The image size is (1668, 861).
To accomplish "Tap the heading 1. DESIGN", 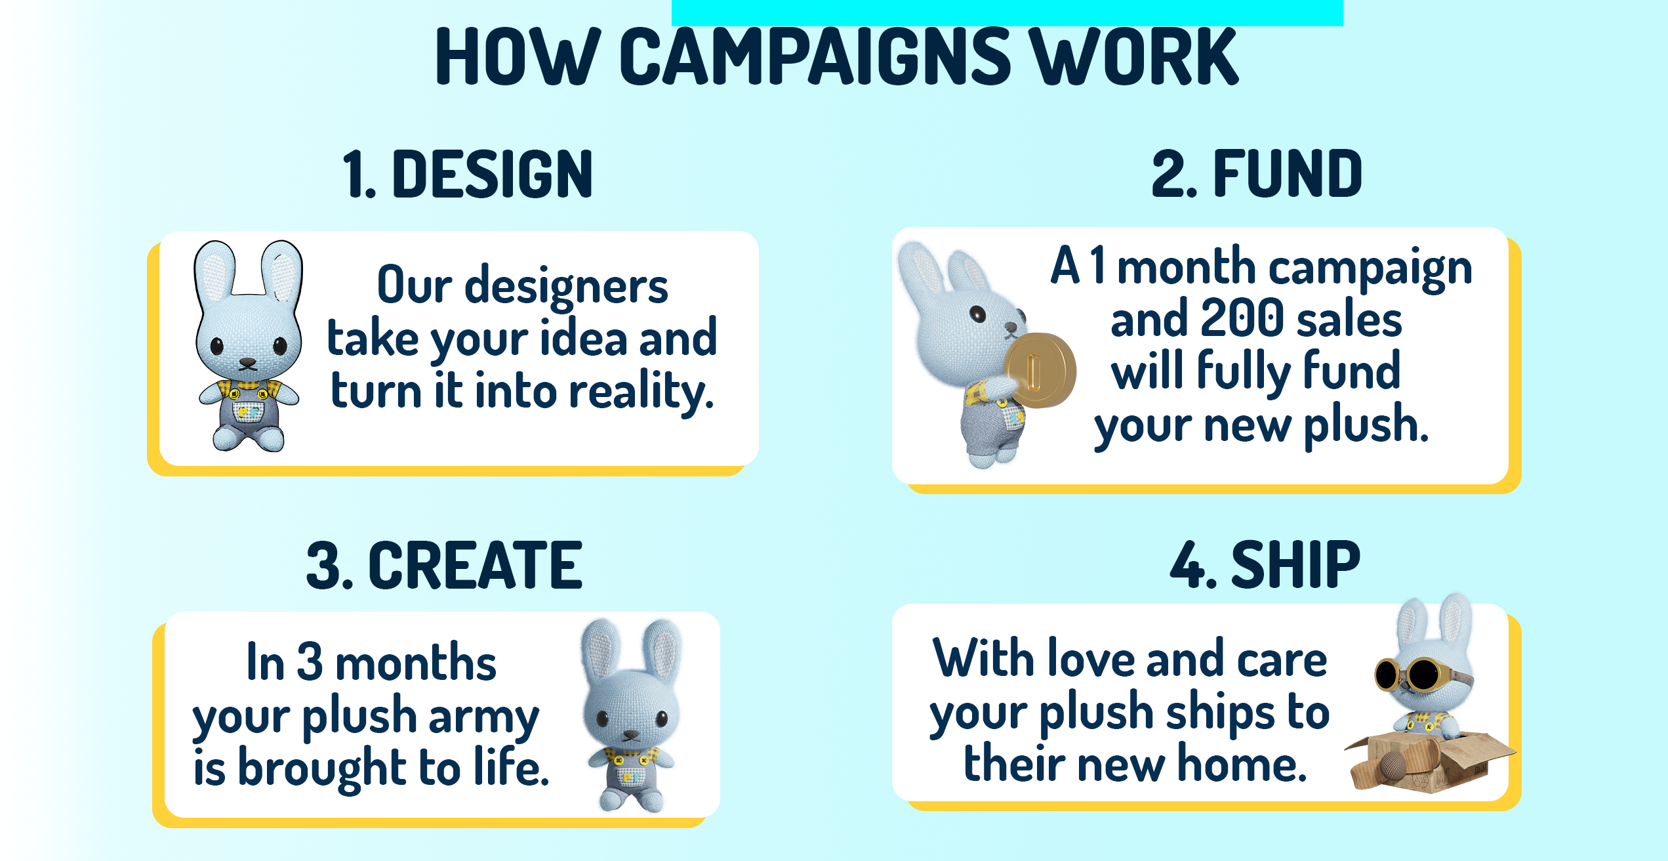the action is pyautogui.click(x=468, y=174).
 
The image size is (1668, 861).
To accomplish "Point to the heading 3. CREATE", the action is pyautogui.click(x=444, y=565).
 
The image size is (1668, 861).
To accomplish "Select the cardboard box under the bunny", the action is pyautogui.click(x=1430, y=761).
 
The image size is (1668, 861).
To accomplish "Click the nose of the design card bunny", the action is pyautogui.click(x=247, y=362).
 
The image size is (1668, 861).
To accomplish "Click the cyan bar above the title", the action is pyautogui.click(x=1007, y=12).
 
